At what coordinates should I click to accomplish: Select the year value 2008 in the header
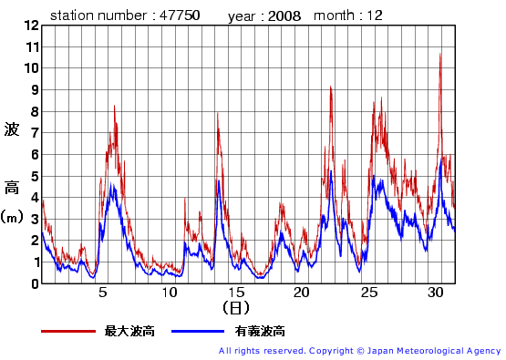coord(284,15)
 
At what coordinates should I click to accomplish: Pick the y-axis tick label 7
coord(34,132)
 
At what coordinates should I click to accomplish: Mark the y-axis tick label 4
coord(34,197)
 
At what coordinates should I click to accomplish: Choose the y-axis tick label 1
coord(34,262)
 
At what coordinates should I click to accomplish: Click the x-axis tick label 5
coord(103,292)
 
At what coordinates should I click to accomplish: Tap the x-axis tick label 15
coord(236,292)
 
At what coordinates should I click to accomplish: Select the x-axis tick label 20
coord(303,292)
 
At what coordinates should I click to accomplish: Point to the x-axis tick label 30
coord(435,292)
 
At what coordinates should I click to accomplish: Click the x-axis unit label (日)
coord(235,308)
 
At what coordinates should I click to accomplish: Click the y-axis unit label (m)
coord(12,217)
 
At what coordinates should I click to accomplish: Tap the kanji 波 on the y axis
coord(12,129)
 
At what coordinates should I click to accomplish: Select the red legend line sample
coord(67,331)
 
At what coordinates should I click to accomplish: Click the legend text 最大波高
coord(129,331)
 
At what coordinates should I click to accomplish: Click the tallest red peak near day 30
coord(440,54)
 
